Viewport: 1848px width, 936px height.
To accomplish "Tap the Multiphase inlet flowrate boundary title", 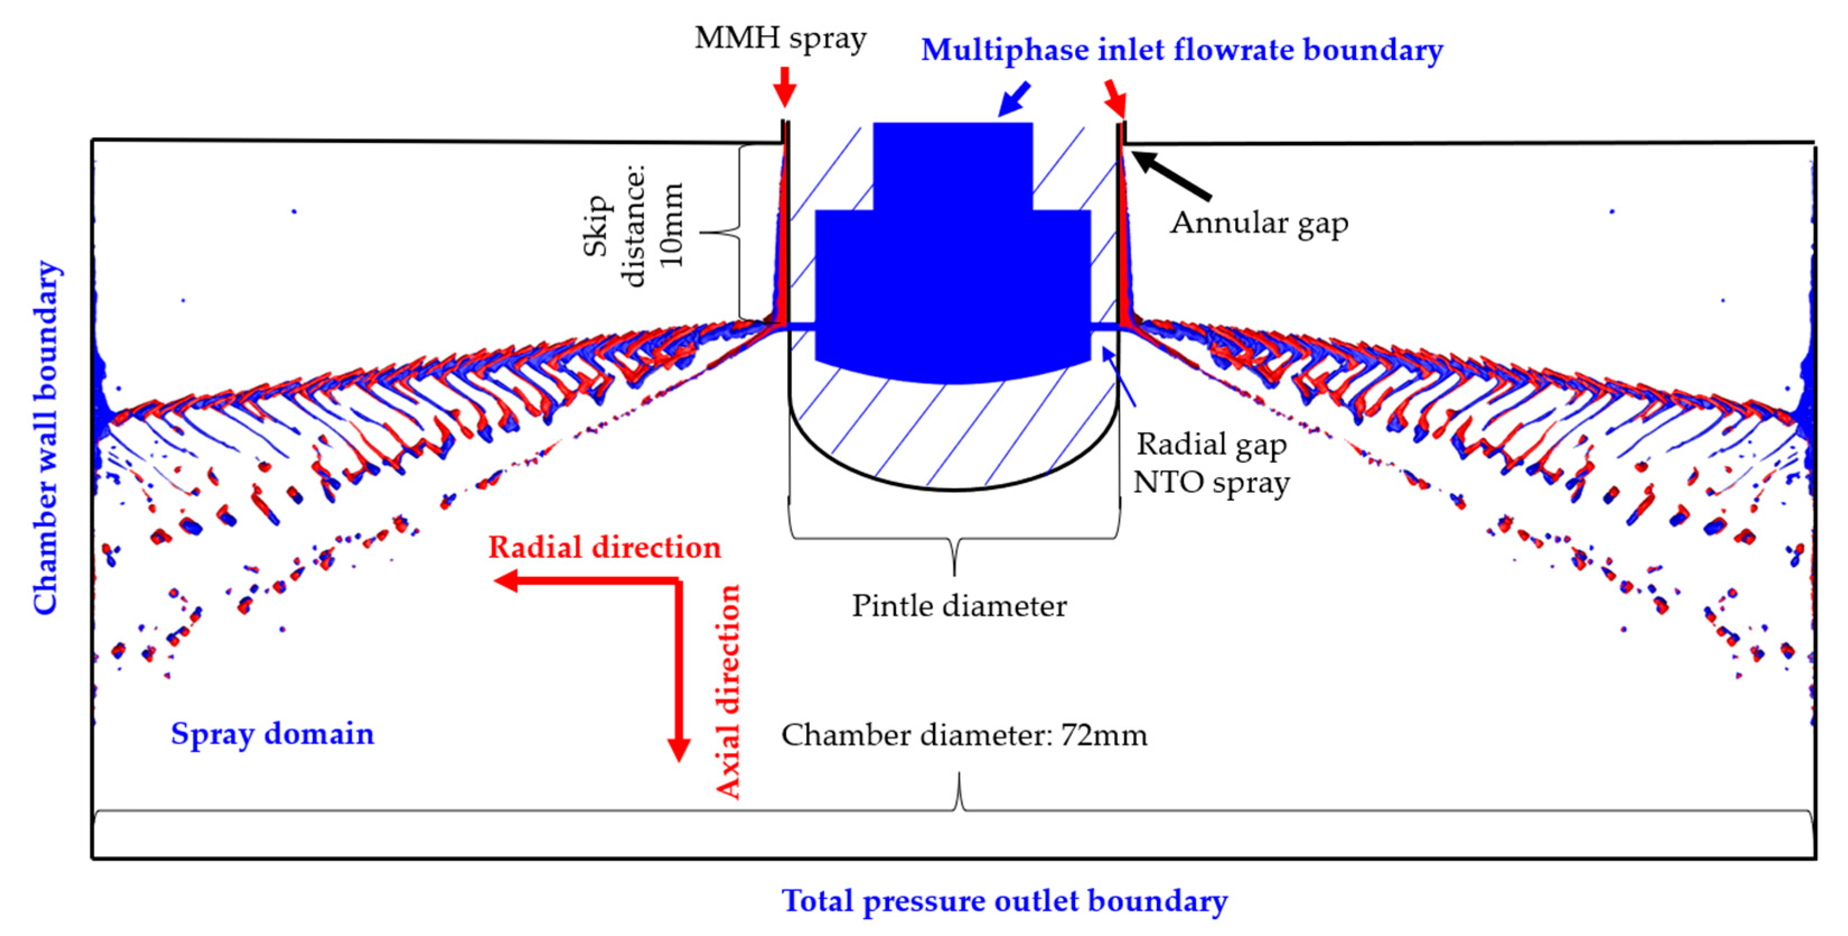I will pos(1181,50).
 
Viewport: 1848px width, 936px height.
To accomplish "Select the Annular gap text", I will pos(1259,223).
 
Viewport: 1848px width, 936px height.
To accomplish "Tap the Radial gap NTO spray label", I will pos(1211,464).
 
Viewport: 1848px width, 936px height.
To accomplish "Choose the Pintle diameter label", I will pos(959,607).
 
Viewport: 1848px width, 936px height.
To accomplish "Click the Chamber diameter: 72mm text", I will pos(964,735).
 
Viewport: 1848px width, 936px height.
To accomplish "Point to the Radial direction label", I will pos(604,548).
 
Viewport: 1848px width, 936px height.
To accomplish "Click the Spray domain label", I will pos(272,734).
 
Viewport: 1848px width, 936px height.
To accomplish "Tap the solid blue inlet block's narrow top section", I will pos(953,165).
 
